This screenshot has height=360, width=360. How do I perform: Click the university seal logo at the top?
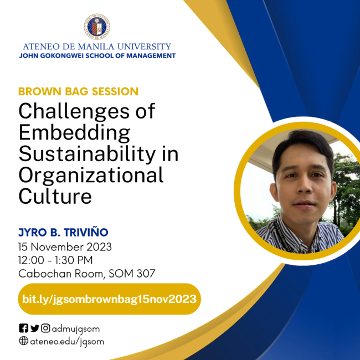click(97, 27)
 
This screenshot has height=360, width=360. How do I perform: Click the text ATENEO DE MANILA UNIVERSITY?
click(97, 47)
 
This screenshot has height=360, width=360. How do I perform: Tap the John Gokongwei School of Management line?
click(97, 56)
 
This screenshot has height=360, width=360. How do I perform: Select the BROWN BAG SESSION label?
click(78, 91)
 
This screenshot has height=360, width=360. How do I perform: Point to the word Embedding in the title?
click(74, 133)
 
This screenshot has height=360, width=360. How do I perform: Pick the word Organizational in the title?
click(91, 176)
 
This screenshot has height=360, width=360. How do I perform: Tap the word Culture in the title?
click(55, 196)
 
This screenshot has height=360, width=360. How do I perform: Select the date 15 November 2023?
click(65, 246)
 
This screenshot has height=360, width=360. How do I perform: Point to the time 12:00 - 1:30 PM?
click(55, 260)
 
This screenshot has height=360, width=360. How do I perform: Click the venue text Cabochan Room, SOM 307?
click(86, 273)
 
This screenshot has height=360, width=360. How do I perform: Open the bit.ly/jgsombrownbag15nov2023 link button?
click(109, 299)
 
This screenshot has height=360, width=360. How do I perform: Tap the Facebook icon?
click(23, 328)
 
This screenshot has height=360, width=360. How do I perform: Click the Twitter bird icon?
click(34, 328)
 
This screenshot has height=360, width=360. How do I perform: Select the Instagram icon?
click(45, 328)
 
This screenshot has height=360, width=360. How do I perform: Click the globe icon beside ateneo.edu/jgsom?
click(23, 341)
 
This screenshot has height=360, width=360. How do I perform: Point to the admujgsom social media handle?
click(75, 328)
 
